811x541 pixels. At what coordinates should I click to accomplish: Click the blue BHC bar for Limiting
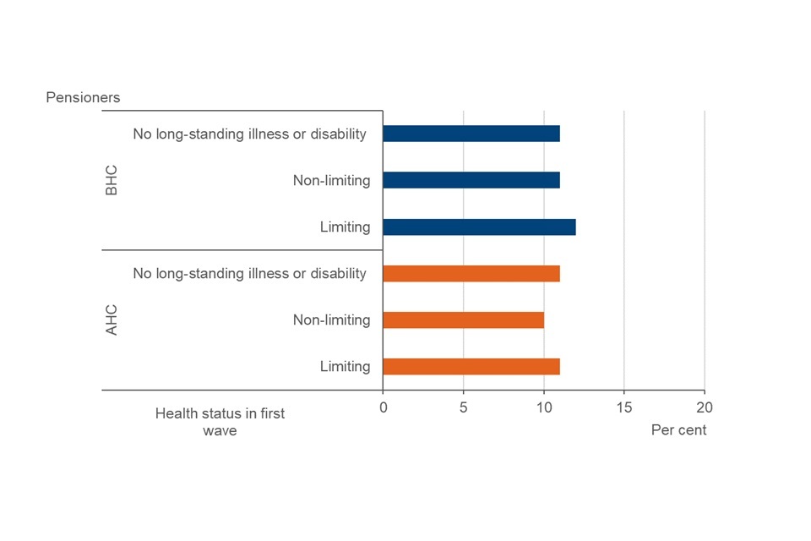pos(479,227)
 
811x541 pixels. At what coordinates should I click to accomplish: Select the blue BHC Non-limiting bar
pos(471,180)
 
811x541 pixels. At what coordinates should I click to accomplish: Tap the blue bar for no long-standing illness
pos(471,134)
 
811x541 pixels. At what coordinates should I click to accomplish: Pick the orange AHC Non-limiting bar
pos(463,320)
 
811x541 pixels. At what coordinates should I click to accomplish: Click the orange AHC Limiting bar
pos(471,366)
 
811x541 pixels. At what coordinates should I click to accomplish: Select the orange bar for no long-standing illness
pos(471,273)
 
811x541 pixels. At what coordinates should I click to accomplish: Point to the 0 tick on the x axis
pos(383,407)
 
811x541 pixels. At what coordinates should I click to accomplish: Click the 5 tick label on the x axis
pos(463,407)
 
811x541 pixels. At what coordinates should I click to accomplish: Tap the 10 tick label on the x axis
pos(543,407)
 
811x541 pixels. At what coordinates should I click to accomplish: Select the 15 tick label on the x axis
pos(623,407)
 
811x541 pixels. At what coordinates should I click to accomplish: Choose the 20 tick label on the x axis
pos(704,407)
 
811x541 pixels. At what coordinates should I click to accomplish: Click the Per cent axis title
pos(678,430)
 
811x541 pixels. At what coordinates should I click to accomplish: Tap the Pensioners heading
pos(83,97)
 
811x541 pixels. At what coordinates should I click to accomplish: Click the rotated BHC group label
pos(112,180)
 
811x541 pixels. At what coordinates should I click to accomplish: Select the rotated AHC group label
pos(112,320)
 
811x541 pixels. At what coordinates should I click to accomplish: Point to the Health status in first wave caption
pos(220,422)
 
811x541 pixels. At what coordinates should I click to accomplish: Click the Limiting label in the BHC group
pos(345,227)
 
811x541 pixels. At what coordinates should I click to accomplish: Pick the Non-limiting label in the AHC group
pos(331,320)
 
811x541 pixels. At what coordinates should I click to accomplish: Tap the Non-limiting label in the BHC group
pos(331,180)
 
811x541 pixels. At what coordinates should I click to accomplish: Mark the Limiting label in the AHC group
pos(345,366)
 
